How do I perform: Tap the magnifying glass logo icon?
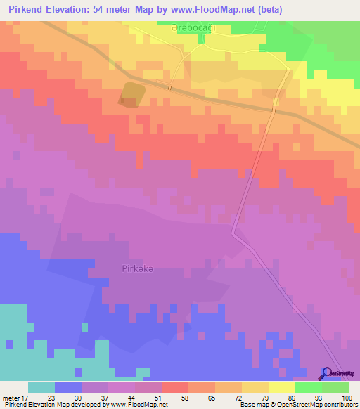[x=326, y=372]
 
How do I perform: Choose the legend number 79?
[x=266, y=397]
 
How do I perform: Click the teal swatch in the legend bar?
[x=41, y=387]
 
